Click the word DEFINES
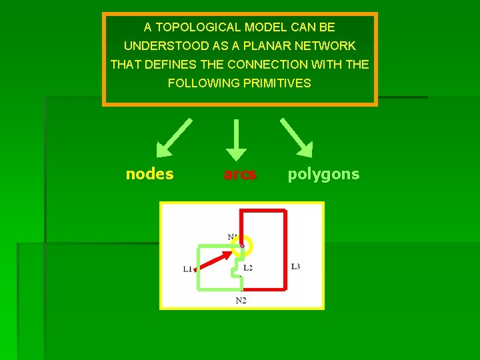click(x=179, y=65)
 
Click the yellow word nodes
click(x=149, y=174)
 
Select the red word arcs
click(x=240, y=174)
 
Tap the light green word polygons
click(x=323, y=174)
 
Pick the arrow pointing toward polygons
click(x=297, y=136)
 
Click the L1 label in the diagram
click(x=187, y=269)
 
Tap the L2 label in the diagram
click(x=247, y=267)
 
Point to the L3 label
click(x=295, y=266)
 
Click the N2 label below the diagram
click(x=241, y=301)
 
